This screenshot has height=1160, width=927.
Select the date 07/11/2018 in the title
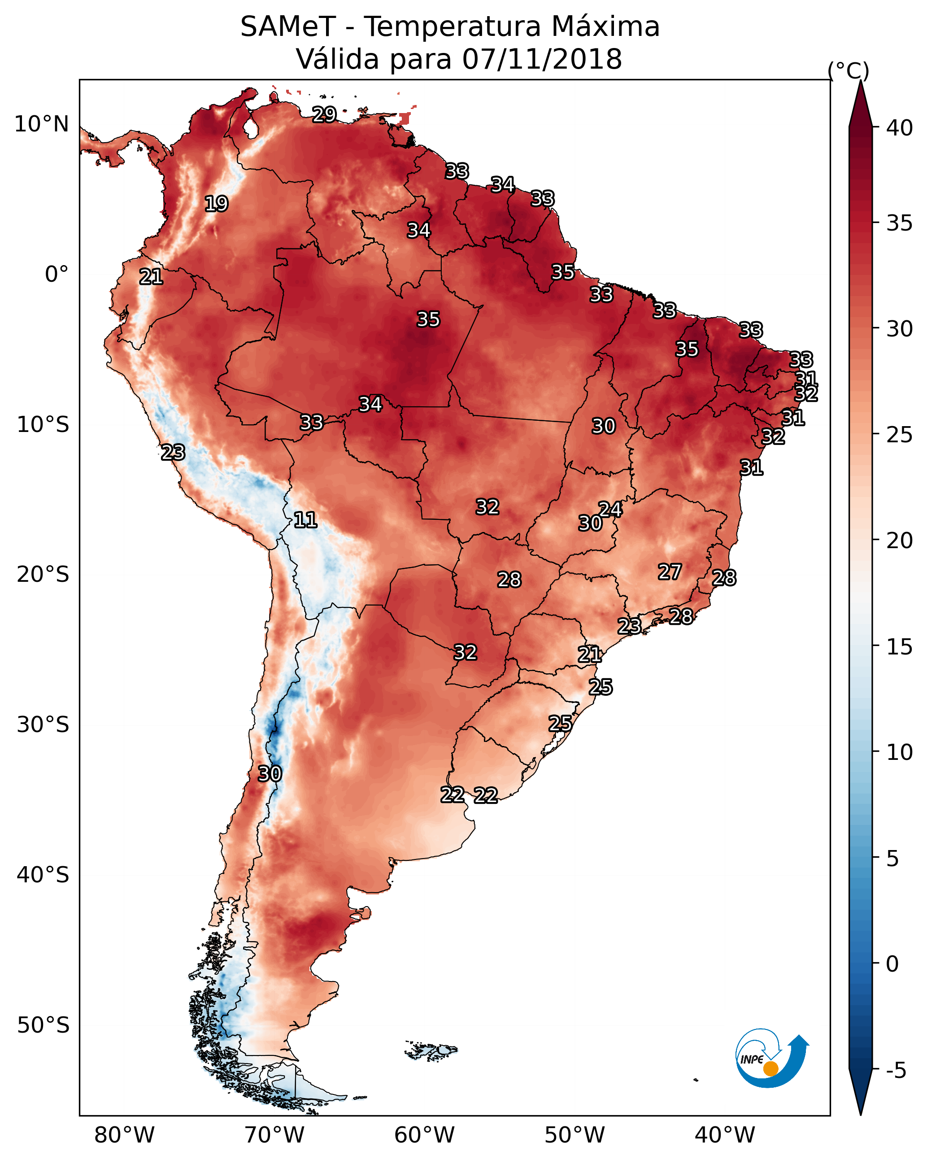pyautogui.click(x=542, y=59)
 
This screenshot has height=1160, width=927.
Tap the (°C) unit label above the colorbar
pyautogui.click(x=849, y=70)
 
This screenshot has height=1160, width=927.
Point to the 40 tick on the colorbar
pyautogui.click(x=900, y=128)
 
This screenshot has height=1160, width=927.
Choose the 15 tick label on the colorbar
pyautogui.click(x=900, y=646)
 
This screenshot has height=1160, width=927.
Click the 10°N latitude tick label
pyautogui.click(x=41, y=124)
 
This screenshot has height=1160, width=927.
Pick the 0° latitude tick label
pyautogui.click(x=57, y=275)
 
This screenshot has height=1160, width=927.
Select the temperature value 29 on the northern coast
pyautogui.click(x=324, y=114)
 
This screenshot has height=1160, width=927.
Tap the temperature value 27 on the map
pyautogui.click(x=670, y=572)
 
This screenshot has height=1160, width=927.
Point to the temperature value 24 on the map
pyautogui.click(x=611, y=509)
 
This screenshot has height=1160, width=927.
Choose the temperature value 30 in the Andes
pyautogui.click(x=270, y=774)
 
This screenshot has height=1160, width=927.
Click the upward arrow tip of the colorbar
pyautogui.click(x=860, y=81)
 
